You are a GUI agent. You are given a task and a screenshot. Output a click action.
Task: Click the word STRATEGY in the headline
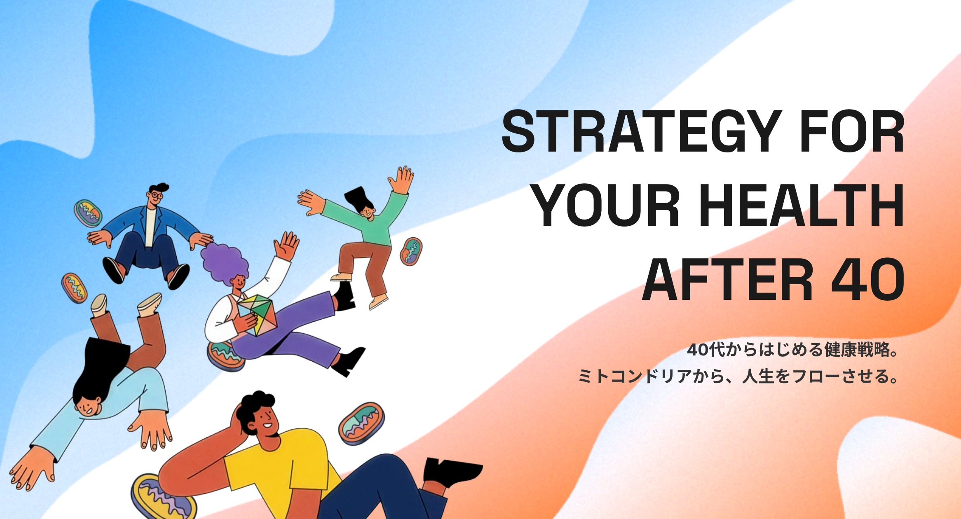pyautogui.click(x=642, y=131)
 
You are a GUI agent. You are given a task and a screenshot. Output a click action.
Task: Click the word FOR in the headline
pyautogui.click(x=852, y=131)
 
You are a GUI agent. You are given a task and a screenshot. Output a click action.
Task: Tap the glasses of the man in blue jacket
pyautogui.click(x=155, y=195)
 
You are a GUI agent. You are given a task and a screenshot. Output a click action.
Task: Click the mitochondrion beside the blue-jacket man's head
pyautogui.click(x=88, y=213)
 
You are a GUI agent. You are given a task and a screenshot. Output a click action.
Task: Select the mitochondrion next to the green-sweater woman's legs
pyautogui.click(x=411, y=251)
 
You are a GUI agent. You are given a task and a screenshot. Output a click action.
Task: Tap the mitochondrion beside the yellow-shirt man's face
pyautogui.click(x=361, y=423)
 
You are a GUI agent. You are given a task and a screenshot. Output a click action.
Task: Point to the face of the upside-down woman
pyautogui.click(x=88, y=406)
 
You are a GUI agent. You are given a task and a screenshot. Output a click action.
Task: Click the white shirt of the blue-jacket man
pyautogui.click(x=150, y=227)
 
